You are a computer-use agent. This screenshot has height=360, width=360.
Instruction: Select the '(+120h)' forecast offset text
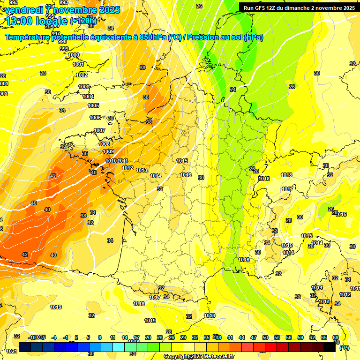(x=83, y=21)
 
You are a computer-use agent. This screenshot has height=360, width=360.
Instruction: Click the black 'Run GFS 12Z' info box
(x=298, y=7)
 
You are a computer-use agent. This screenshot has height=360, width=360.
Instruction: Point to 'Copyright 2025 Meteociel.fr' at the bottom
(x=199, y=357)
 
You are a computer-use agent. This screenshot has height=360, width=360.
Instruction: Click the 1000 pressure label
(x=74, y=55)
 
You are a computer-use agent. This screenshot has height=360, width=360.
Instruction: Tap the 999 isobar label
(x=64, y=49)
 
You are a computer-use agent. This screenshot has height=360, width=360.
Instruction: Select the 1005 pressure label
(x=93, y=105)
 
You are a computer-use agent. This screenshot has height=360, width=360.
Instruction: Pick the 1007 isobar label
(x=99, y=130)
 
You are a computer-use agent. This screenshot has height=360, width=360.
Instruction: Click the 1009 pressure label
(x=108, y=151)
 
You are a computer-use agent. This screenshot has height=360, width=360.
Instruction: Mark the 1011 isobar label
(x=123, y=161)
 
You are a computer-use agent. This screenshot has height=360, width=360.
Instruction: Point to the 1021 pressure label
(x=12, y=351)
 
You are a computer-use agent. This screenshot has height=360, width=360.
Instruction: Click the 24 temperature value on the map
(x=233, y=89)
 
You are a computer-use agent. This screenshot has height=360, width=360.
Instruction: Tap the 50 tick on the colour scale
(x=265, y=337)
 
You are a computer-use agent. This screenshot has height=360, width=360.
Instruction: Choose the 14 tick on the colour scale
(x=125, y=337)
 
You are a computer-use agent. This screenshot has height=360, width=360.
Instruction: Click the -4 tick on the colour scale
(x=54, y=337)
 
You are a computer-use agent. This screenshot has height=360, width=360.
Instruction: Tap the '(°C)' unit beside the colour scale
(x=345, y=348)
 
